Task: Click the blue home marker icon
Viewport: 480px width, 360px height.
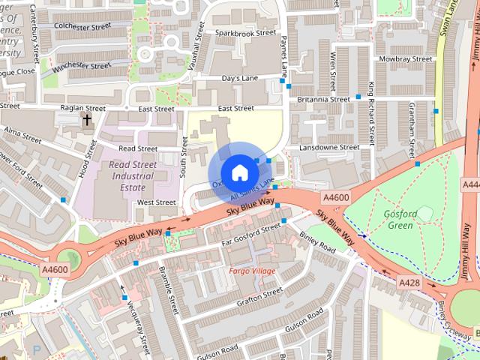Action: tap(239, 173)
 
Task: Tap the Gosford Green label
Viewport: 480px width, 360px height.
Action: tap(400, 219)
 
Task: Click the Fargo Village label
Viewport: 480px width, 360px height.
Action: tap(252, 270)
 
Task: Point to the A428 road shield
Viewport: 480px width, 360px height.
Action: tap(409, 282)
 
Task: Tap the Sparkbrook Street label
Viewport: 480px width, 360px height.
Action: tap(245, 34)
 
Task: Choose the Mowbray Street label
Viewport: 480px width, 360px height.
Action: tap(406, 58)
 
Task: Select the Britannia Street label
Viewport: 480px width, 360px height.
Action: tap(323, 99)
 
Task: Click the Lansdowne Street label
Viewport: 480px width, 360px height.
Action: tap(329, 148)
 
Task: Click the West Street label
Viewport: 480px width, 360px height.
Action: tap(156, 202)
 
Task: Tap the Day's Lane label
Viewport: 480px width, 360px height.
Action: tap(239, 78)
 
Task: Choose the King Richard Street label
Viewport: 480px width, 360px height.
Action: tap(371, 112)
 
